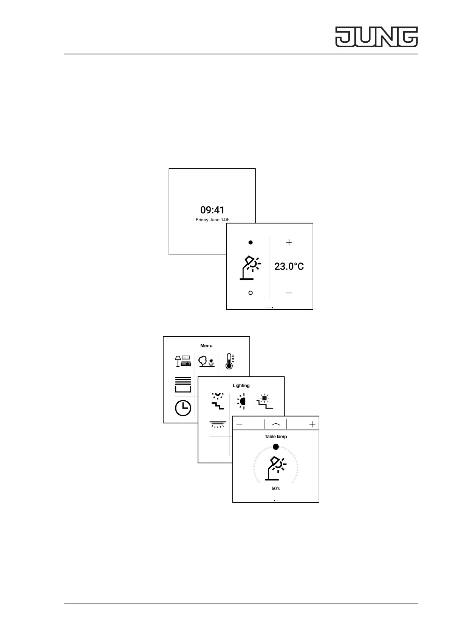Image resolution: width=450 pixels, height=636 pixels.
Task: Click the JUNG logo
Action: click(376, 37)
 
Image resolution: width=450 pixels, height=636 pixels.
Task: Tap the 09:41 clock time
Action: click(212, 210)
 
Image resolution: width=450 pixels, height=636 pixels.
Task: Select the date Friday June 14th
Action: click(212, 220)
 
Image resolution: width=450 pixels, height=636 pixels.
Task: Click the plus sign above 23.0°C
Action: click(289, 242)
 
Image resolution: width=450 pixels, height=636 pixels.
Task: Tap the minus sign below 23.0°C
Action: click(289, 293)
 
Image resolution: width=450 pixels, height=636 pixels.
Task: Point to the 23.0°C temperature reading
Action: click(289, 267)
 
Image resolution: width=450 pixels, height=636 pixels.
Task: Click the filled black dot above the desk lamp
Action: click(250, 242)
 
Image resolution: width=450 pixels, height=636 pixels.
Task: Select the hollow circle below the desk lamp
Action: click(250, 293)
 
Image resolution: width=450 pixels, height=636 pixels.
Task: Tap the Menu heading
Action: click(206, 346)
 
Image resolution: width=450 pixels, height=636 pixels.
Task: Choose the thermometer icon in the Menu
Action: click(229, 361)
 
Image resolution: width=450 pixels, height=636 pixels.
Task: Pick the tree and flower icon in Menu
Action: click(206, 361)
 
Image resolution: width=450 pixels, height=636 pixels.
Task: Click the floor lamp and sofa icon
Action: click(183, 361)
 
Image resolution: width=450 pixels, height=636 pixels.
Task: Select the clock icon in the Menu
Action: click(183, 408)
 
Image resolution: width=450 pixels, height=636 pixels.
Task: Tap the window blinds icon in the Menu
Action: click(183, 384)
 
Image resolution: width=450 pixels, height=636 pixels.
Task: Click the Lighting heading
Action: click(241, 386)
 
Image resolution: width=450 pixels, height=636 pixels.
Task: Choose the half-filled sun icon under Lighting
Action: click(241, 401)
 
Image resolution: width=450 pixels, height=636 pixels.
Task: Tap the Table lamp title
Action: click(276, 437)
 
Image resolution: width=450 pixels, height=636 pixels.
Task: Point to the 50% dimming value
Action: click(276, 489)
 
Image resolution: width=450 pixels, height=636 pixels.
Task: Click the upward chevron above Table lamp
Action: click(276, 425)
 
